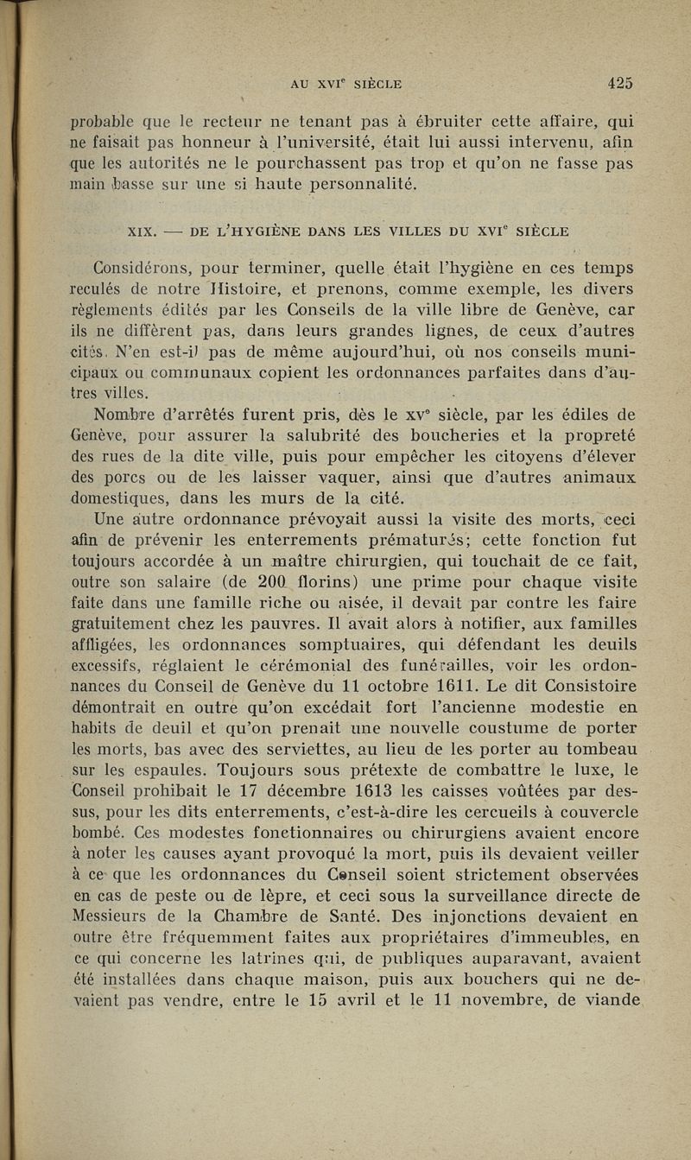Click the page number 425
click(620, 84)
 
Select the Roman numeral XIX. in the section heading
click(140, 231)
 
